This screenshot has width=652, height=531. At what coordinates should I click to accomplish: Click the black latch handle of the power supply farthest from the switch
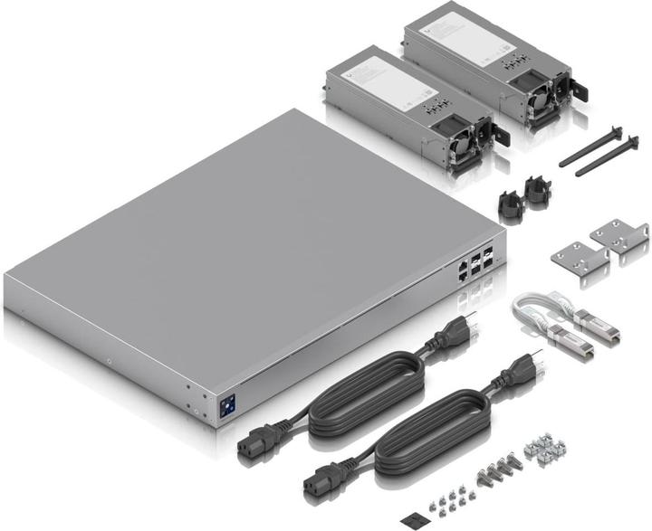pyautogui.click(x=577, y=90)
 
